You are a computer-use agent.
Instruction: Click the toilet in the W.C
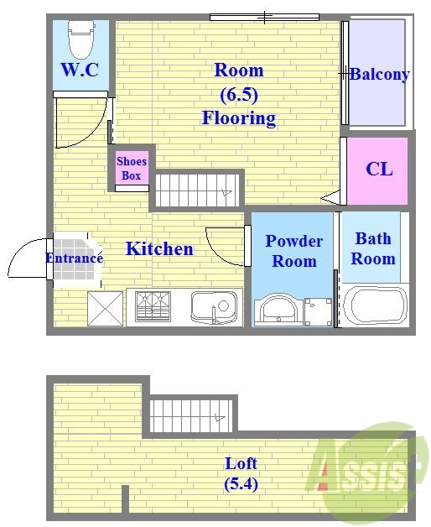click(x=80, y=39)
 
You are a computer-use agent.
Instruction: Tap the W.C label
click(x=80, y=70)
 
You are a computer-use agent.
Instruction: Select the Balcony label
click(x=380, y=75)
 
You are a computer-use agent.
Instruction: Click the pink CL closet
click(x=376, y=170)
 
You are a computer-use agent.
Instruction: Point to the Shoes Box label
click(x=132, y=168)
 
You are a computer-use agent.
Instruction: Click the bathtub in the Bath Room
click(x=375, y=305)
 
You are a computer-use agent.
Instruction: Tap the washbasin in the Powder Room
click(x=276, y=310)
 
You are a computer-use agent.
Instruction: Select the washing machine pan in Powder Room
click(x=318, y=312)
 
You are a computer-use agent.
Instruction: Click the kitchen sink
click(x=214, y=307)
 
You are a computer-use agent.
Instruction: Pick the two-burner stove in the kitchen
click(x=153, y=306)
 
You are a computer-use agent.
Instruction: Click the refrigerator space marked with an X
click(x=105, y=309)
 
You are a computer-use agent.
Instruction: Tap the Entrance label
click(x=74, y=258)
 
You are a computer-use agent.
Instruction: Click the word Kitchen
click(x=159, y=249)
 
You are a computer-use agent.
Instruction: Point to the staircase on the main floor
click(x=197, y=190)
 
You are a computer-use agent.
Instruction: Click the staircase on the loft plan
click(x=191, y=415)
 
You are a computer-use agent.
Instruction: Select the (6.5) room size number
click(x=239, y=95)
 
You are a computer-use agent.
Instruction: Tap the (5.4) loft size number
click(x=241, y=484)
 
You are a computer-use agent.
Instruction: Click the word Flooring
click(x=239, y=118)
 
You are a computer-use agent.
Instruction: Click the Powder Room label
click(x=294, y=251)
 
